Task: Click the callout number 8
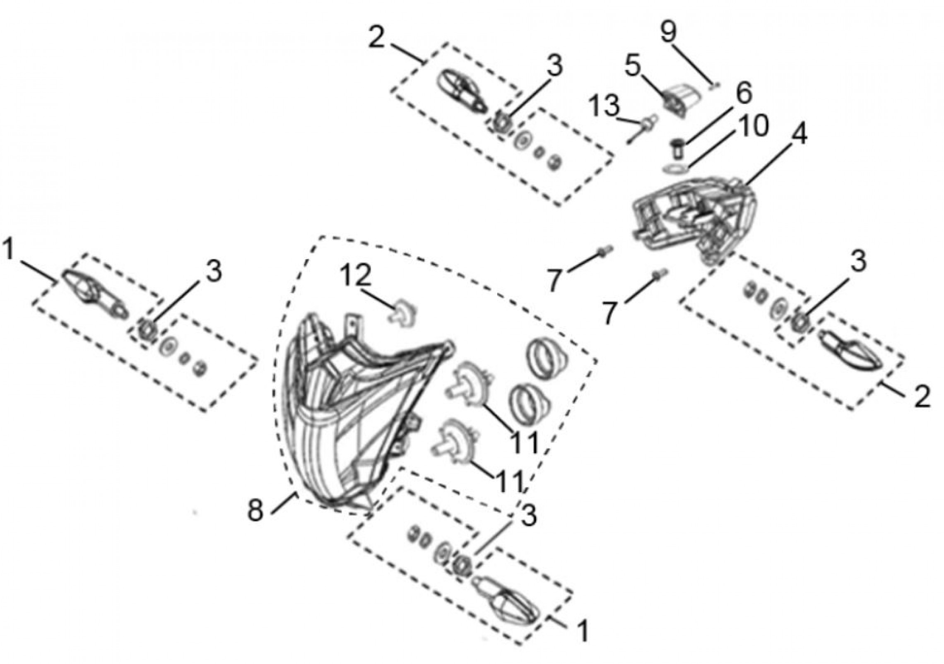pyautogui.click(x=255, y=511)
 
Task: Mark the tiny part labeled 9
pyautogui.click(x=715, y=86)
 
